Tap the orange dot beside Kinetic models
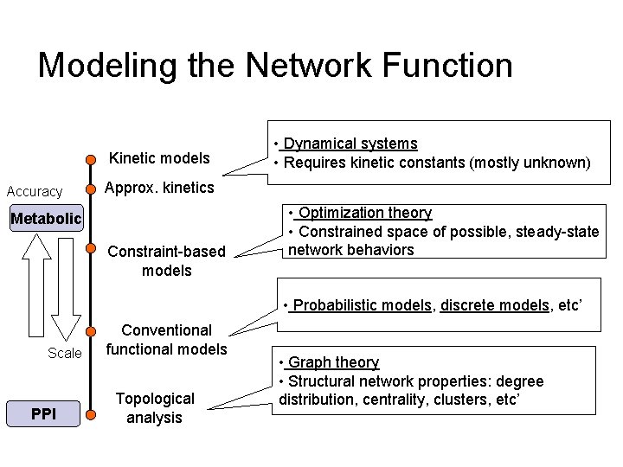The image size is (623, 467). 90,159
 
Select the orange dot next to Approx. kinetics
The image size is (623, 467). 90,189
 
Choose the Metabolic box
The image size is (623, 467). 45,219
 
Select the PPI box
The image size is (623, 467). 42,414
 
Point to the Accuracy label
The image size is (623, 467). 35,191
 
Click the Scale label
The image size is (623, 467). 65,353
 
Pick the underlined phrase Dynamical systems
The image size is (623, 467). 350,144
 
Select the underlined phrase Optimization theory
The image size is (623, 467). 364,213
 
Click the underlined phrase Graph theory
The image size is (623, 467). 333,362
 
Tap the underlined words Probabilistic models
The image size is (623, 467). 363,306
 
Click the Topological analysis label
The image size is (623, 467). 154,408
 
